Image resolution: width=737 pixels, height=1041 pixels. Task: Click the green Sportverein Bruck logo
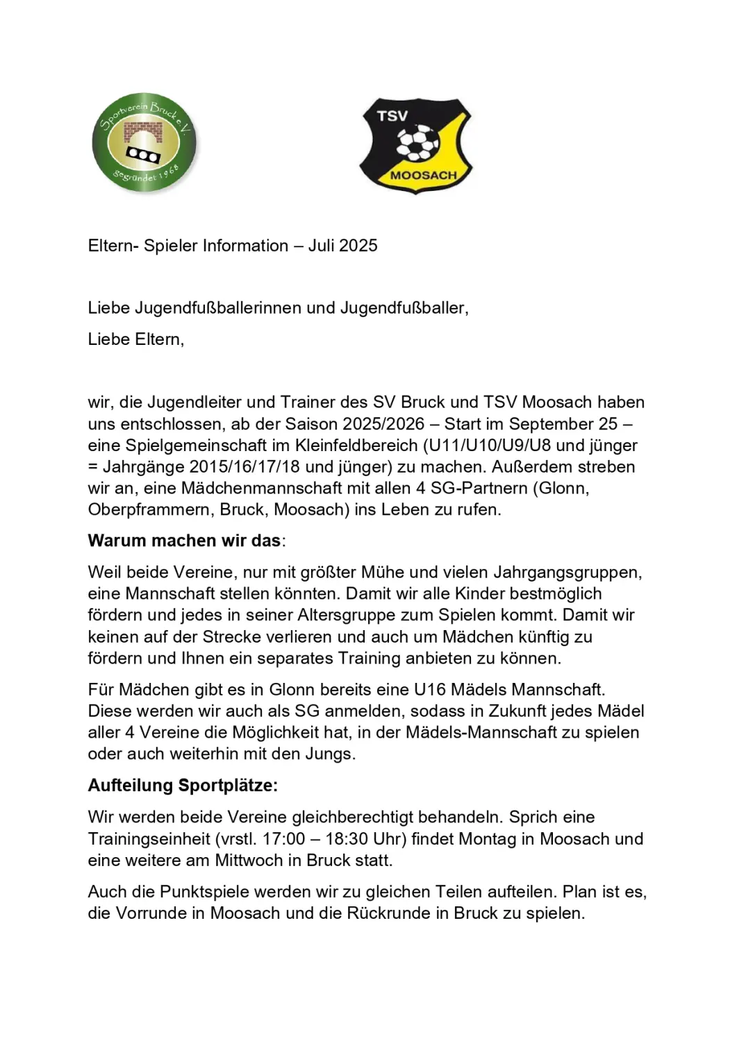tap(144, 142)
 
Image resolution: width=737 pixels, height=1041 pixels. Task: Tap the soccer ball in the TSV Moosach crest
tap(417, 144)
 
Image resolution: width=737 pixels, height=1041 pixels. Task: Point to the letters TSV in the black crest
tap(392, 116)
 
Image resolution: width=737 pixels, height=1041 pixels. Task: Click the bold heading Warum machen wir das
tap(185, 541)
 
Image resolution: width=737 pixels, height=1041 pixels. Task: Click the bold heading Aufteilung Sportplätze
tap(183, 786)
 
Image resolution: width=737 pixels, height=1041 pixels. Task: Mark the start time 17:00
tap(283, 838)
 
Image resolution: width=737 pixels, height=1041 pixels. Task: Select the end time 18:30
tap(346, 838)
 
